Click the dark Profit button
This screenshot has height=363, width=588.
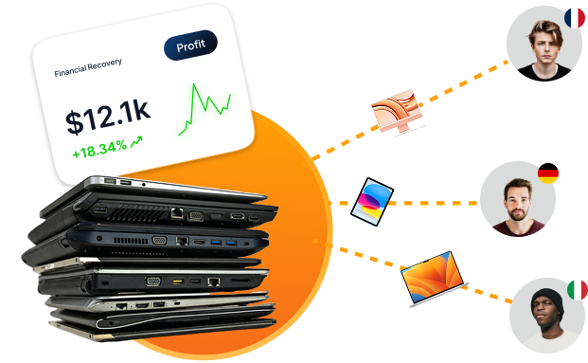[190, 45]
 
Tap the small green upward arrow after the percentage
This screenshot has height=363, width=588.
[136, 142]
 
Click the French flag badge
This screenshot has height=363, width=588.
[574, 18]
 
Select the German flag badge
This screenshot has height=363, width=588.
[547, 175]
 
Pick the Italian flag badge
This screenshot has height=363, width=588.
[575, 288]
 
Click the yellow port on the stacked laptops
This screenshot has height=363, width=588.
[177, 281]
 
